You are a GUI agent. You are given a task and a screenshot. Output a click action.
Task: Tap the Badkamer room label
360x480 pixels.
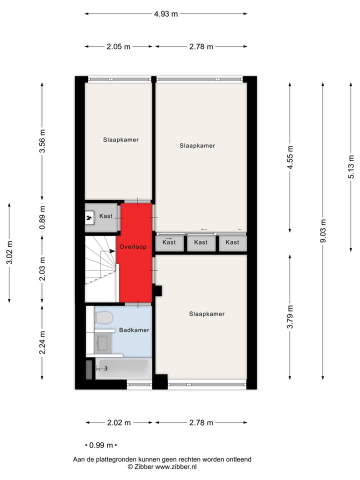(x=134, y=330)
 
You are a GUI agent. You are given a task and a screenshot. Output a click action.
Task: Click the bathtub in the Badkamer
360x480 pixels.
(x=122, y=369)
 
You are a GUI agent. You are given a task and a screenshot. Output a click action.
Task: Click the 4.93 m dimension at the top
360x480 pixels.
(x=166, y=14)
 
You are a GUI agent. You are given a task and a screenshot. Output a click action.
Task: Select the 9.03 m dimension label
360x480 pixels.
(x=323, y=231)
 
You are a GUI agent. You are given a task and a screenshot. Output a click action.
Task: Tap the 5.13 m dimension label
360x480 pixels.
(x=351, y=167)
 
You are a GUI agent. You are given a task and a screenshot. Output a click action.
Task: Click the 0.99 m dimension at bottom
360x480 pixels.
(x=101, y=445)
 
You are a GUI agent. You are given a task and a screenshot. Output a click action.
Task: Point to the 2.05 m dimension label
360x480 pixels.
(x=118, y=46)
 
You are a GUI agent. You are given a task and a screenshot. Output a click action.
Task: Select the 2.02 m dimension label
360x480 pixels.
(x=119, y=422)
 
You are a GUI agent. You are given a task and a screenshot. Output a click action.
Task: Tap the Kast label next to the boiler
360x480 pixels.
(x=105, y=216)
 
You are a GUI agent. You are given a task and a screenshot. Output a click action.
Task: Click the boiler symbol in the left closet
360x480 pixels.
(x=90, y=217)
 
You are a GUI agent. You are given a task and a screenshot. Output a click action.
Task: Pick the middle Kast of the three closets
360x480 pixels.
(x=200, y=242)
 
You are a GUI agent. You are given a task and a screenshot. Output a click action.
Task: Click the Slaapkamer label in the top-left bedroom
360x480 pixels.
(x=121, y=139)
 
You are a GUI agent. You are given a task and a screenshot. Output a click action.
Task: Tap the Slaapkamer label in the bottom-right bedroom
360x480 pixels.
(x=206, y=314)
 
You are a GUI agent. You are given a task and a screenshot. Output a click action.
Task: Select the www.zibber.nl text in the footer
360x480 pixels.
(x=176, y=466)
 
